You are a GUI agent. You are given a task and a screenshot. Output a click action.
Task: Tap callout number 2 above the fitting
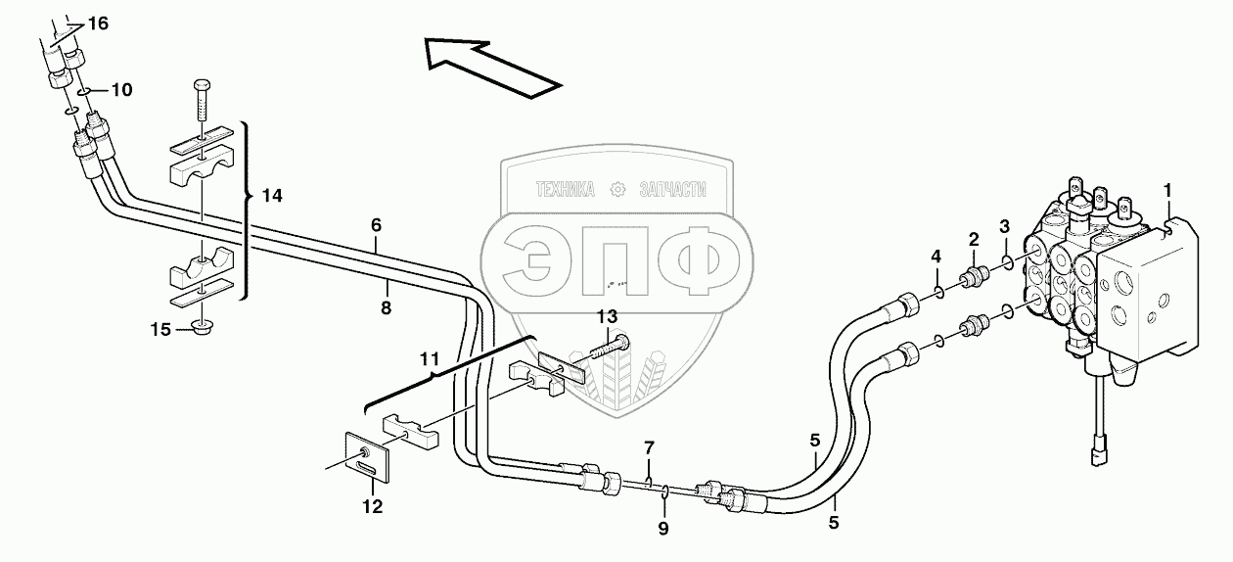(974, 238)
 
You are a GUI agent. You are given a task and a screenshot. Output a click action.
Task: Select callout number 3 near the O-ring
(1005, 226)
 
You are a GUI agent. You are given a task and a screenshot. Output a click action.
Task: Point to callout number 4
(936, 257)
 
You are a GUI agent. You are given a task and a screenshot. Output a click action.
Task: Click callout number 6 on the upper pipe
(376, 224)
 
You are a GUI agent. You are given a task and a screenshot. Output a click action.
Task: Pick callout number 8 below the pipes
(386, 308)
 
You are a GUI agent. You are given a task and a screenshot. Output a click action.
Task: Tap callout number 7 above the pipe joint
(647, 448)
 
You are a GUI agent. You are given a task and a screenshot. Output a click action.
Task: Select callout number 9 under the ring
(662, 529)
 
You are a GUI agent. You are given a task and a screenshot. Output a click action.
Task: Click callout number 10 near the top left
(121, 90)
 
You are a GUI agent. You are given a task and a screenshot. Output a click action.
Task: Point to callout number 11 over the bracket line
(430, 359)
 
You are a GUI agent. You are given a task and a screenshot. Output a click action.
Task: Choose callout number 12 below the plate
(371, 506)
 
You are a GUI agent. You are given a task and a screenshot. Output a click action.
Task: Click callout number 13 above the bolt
(608, 315)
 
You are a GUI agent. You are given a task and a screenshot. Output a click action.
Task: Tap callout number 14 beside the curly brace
(272, 196)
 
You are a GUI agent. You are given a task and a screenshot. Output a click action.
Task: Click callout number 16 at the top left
(98, 23)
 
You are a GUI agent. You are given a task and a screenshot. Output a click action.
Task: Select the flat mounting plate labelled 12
(370, 458)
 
